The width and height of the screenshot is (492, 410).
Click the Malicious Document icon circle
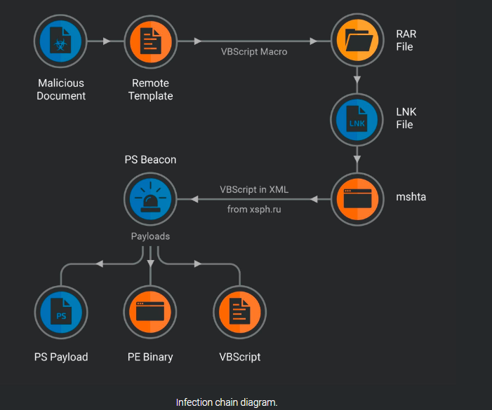[61, 41]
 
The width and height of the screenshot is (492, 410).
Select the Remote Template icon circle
[150, 41]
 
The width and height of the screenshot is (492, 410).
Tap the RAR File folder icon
[358, 41]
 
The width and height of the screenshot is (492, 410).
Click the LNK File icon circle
[358, 119]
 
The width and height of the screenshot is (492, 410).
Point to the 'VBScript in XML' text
[254, 189]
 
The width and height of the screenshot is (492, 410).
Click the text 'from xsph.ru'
[254, 209]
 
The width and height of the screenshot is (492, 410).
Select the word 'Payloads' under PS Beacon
[150, 236]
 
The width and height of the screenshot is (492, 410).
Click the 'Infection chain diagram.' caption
[227, 402]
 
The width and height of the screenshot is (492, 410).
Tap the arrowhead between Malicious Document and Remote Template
[107, 41]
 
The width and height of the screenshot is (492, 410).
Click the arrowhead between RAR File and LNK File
[358, 79]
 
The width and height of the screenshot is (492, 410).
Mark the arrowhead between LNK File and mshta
[358, 159]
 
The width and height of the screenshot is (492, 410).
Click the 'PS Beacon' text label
[150, 160]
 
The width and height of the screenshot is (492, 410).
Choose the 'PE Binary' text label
[150, 357]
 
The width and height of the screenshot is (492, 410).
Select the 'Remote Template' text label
[150, 90]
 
